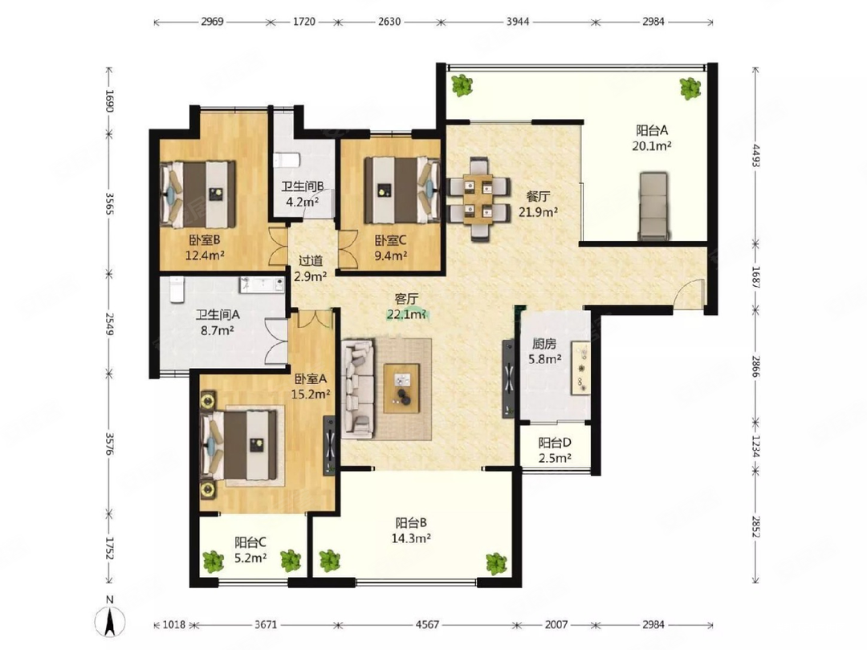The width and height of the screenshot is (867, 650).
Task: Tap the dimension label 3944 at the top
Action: (x=518, y=22)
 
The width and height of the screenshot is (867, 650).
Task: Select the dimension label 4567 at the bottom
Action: (x=427, y=624)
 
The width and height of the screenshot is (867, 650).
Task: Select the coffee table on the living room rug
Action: (x=402, y=388)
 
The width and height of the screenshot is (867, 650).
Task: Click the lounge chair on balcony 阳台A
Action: (x=653, y=206)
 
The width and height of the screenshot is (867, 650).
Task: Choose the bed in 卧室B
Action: (x=198, y=194)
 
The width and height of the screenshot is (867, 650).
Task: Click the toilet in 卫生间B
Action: (x=286, y=160)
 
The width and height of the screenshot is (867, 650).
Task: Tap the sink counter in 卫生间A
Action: (x=262, y=284)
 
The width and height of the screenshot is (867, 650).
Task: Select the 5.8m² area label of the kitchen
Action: (x=544, y=358)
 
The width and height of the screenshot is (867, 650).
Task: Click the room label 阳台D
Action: (x=555, y=443)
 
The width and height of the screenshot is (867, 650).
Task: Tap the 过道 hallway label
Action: (x=311, y=260)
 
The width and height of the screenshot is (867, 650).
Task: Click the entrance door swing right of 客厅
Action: (x=689, y=294)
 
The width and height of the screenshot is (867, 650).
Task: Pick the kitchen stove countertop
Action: (x=580, y=368)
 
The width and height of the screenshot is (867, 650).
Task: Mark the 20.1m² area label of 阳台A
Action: (x=652, y=146)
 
